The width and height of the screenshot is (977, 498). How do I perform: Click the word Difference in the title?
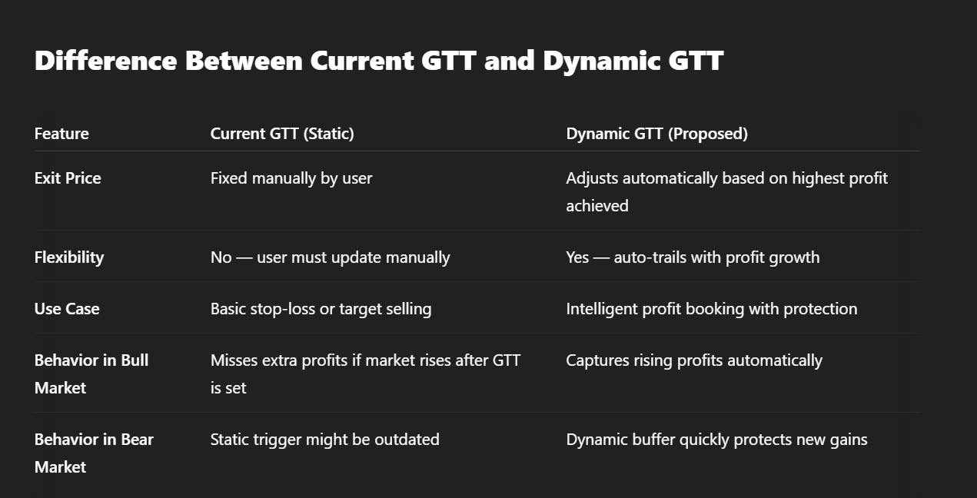point(105,60)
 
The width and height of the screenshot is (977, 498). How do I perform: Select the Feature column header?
point(61,134)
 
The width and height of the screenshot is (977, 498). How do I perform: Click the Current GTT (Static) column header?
point(282,134)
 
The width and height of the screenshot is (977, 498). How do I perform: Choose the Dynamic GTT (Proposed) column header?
point(657,134)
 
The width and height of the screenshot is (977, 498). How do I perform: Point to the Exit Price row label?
point(68,178)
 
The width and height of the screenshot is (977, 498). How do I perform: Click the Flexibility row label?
point(69,257)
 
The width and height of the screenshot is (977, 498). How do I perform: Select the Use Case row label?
point(67,309)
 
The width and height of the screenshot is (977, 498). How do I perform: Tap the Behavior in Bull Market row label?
point(91,374)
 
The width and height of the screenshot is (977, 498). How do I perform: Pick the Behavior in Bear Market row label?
point(94,453)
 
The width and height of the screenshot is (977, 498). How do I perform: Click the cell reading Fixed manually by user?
point(291,178)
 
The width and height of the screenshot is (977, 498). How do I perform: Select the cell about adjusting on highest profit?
point(726,192)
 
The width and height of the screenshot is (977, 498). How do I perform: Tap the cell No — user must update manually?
point(331,257)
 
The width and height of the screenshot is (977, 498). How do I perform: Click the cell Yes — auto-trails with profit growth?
point(693,257)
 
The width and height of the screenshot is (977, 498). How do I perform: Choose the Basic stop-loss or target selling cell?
point(321,309)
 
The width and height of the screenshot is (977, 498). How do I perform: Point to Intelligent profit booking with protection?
point(712,309)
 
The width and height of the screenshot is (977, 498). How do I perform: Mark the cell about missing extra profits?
point(365,374)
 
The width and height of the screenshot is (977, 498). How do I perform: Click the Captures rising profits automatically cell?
point(694,360)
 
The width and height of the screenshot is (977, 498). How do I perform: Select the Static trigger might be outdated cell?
point(325,440)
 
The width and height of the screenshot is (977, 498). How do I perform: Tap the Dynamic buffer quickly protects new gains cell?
point(716,440)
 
